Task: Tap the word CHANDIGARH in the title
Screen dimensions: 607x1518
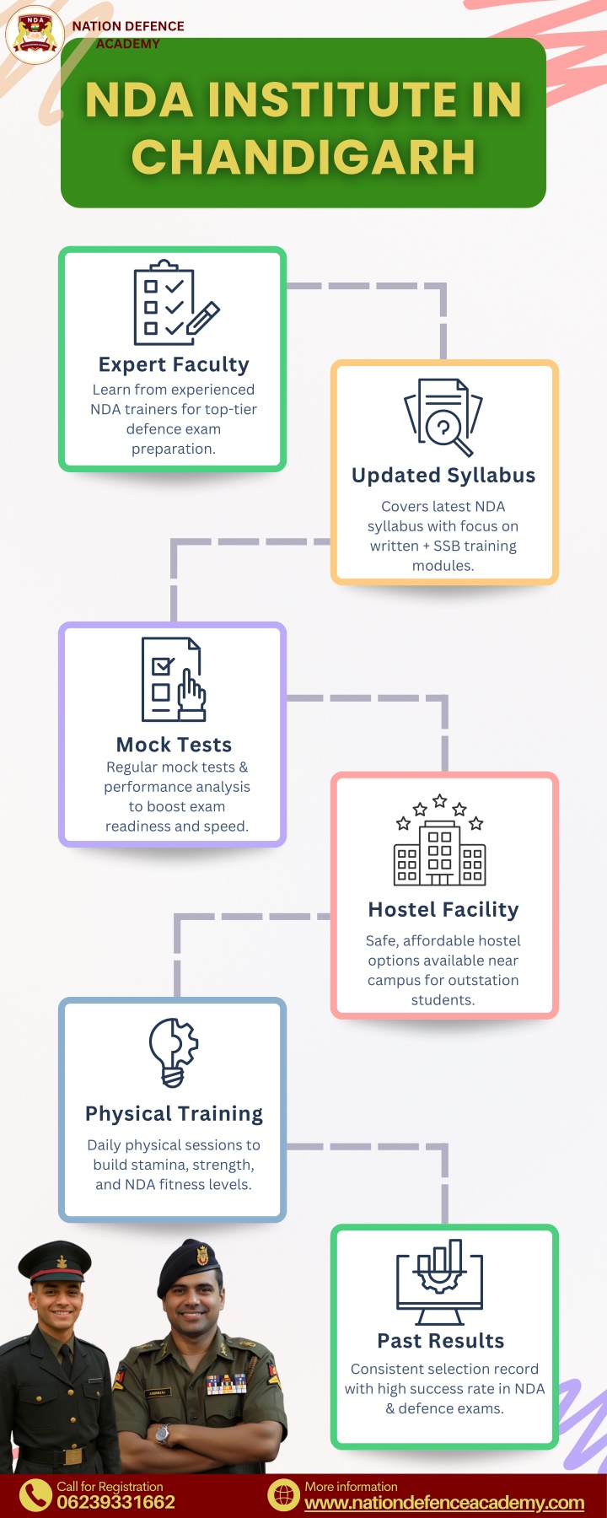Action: click(x=303, y=157)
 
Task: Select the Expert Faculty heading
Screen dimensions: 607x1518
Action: click(x=174, y=364)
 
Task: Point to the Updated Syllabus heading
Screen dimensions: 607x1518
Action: click(x=443, y=476)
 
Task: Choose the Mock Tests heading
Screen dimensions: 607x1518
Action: click(x=174, y=745)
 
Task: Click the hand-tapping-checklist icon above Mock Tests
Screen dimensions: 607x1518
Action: click(x=174, y=680)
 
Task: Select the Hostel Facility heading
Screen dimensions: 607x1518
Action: click(x=443, y=910)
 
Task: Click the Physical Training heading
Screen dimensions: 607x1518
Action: click(x=174, y=1114)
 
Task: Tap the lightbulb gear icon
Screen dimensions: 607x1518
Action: click(x=174, y=1052)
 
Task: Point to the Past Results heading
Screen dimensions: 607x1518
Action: click(x=441, y=1341)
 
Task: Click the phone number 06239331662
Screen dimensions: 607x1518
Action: click(x=115, y=1502)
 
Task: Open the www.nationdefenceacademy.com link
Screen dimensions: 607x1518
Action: click(x=444, y=1503)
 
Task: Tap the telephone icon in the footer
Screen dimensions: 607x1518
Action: click(x=35, y=1495)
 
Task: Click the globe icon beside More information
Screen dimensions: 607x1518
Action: click(x=283, y=1495)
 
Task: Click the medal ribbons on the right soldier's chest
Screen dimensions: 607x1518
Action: click(x=227, y=1384)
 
